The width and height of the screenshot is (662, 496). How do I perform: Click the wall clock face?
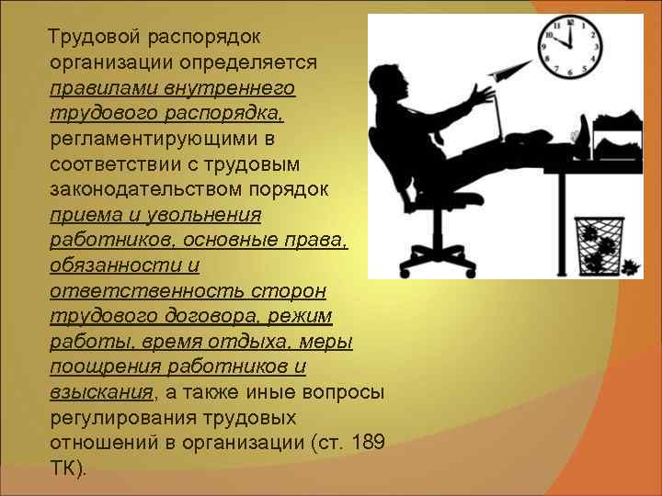(572, 47)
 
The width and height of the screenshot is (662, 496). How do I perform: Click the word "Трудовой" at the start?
(91, 37)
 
